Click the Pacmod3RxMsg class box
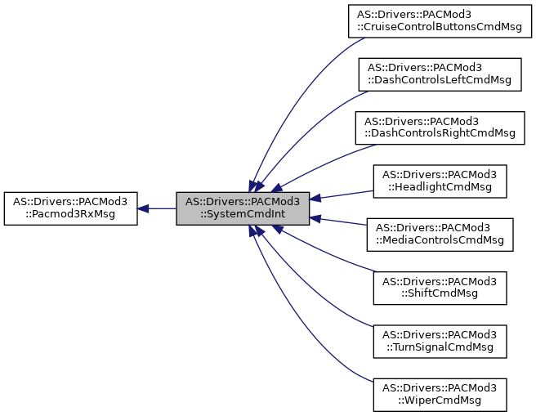coord(70,208)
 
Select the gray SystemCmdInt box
coord(243,208)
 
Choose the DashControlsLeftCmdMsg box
coord(440,74)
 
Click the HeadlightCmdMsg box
coord(440,181)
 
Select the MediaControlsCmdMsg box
coord(440,234)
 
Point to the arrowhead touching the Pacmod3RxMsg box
coord(143,208)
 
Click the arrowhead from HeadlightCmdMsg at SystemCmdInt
coord(315,199)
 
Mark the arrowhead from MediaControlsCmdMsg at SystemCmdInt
coord(315,218)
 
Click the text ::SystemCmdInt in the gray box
coord(243,215)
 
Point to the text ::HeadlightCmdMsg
coord(440,187)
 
